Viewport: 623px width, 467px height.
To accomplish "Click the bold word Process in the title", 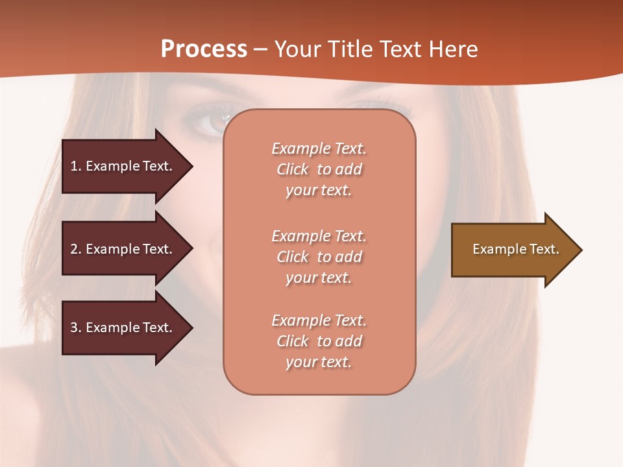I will [204, 49].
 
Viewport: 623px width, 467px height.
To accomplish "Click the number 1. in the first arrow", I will [76, 166].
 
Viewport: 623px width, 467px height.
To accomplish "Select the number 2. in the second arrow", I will [76, 249].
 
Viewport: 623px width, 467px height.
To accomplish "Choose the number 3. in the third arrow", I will [76, 328].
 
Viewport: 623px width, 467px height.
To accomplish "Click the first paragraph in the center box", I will [319, 169].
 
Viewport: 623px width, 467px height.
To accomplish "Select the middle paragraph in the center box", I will [319, 257].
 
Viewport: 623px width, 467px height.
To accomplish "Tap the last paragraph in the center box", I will [319, 341].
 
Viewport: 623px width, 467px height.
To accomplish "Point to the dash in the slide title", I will [260, 50].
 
